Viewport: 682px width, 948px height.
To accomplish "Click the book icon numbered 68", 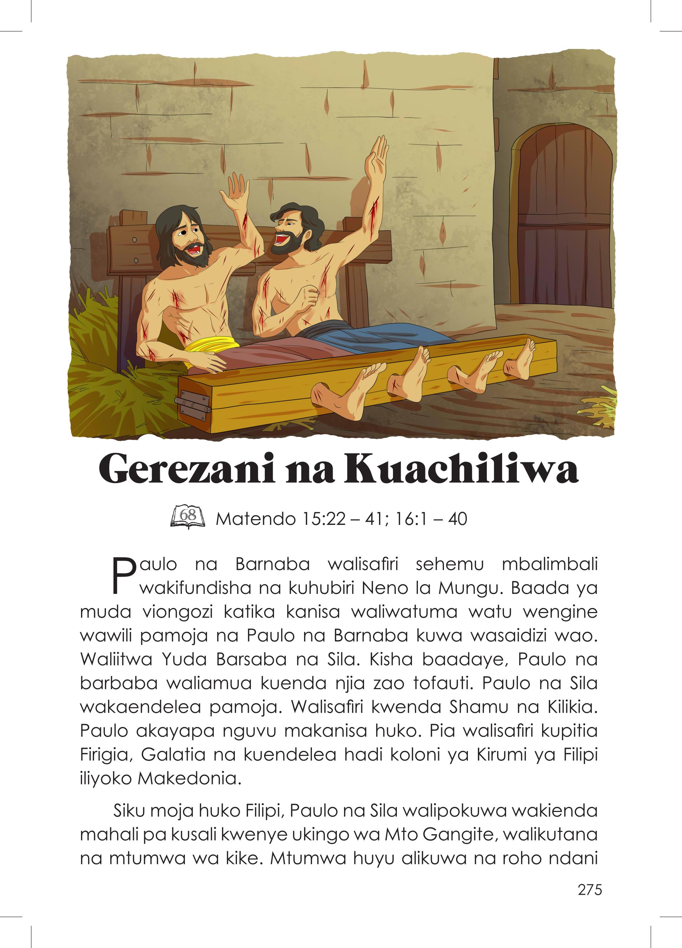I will click(188, 517).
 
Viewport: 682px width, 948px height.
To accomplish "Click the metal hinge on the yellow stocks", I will click(193, 403).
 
